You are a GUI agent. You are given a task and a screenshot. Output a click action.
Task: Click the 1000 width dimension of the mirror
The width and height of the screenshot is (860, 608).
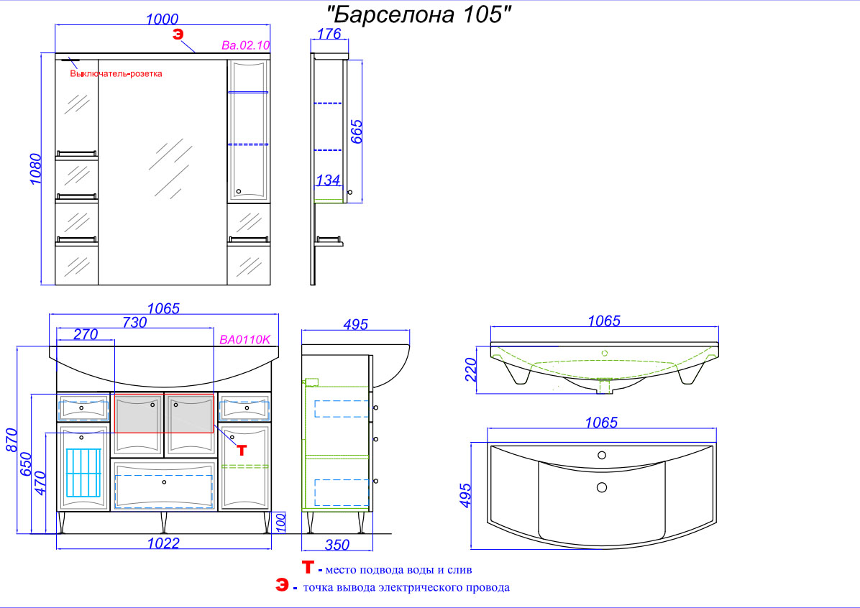coord(163,19)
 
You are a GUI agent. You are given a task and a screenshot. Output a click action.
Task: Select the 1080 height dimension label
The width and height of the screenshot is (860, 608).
coord(35,169)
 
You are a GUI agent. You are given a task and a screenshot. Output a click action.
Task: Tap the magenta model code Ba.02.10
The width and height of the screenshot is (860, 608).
coord(246,45)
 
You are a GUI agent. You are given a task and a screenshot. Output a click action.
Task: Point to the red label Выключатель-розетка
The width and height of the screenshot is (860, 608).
coord(116,73)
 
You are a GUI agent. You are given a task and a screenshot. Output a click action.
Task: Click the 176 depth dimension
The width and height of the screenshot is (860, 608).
coord(329,34)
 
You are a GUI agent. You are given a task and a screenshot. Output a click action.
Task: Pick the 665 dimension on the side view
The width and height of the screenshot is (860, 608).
coord(356,132)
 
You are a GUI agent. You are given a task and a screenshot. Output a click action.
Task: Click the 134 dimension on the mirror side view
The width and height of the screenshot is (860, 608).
coord(328,180)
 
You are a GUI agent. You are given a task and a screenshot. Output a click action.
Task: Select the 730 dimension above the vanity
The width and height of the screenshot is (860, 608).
coord(134,322)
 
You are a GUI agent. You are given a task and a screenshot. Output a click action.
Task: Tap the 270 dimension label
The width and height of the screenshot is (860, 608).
coord(86,334)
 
